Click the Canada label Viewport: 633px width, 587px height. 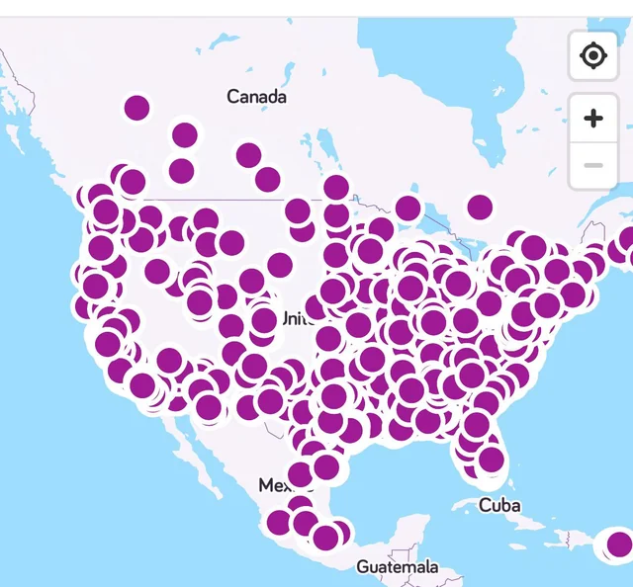256,97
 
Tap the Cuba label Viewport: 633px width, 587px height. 499,505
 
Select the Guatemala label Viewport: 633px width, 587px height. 397,567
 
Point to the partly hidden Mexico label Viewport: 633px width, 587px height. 272,485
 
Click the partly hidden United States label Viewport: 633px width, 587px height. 294,318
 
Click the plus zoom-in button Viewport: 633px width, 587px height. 593,120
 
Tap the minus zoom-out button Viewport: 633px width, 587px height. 593,164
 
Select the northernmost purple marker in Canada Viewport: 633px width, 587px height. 137,108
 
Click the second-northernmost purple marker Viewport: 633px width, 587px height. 184,134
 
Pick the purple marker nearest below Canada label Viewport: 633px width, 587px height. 248,155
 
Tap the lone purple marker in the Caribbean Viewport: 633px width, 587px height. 619,544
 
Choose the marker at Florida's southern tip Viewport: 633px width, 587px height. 491,459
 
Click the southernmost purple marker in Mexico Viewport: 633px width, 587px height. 325,539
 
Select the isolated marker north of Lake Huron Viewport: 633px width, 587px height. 480,207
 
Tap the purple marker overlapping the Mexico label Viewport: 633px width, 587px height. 300,475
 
